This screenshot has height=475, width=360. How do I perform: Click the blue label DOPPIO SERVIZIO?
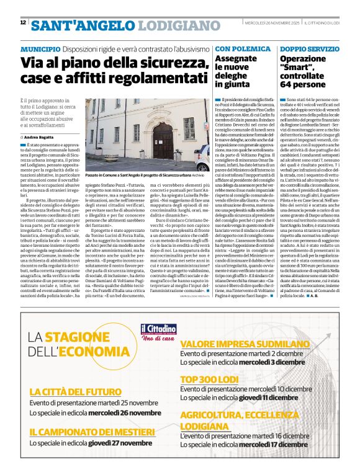click(x=308, y=48)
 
